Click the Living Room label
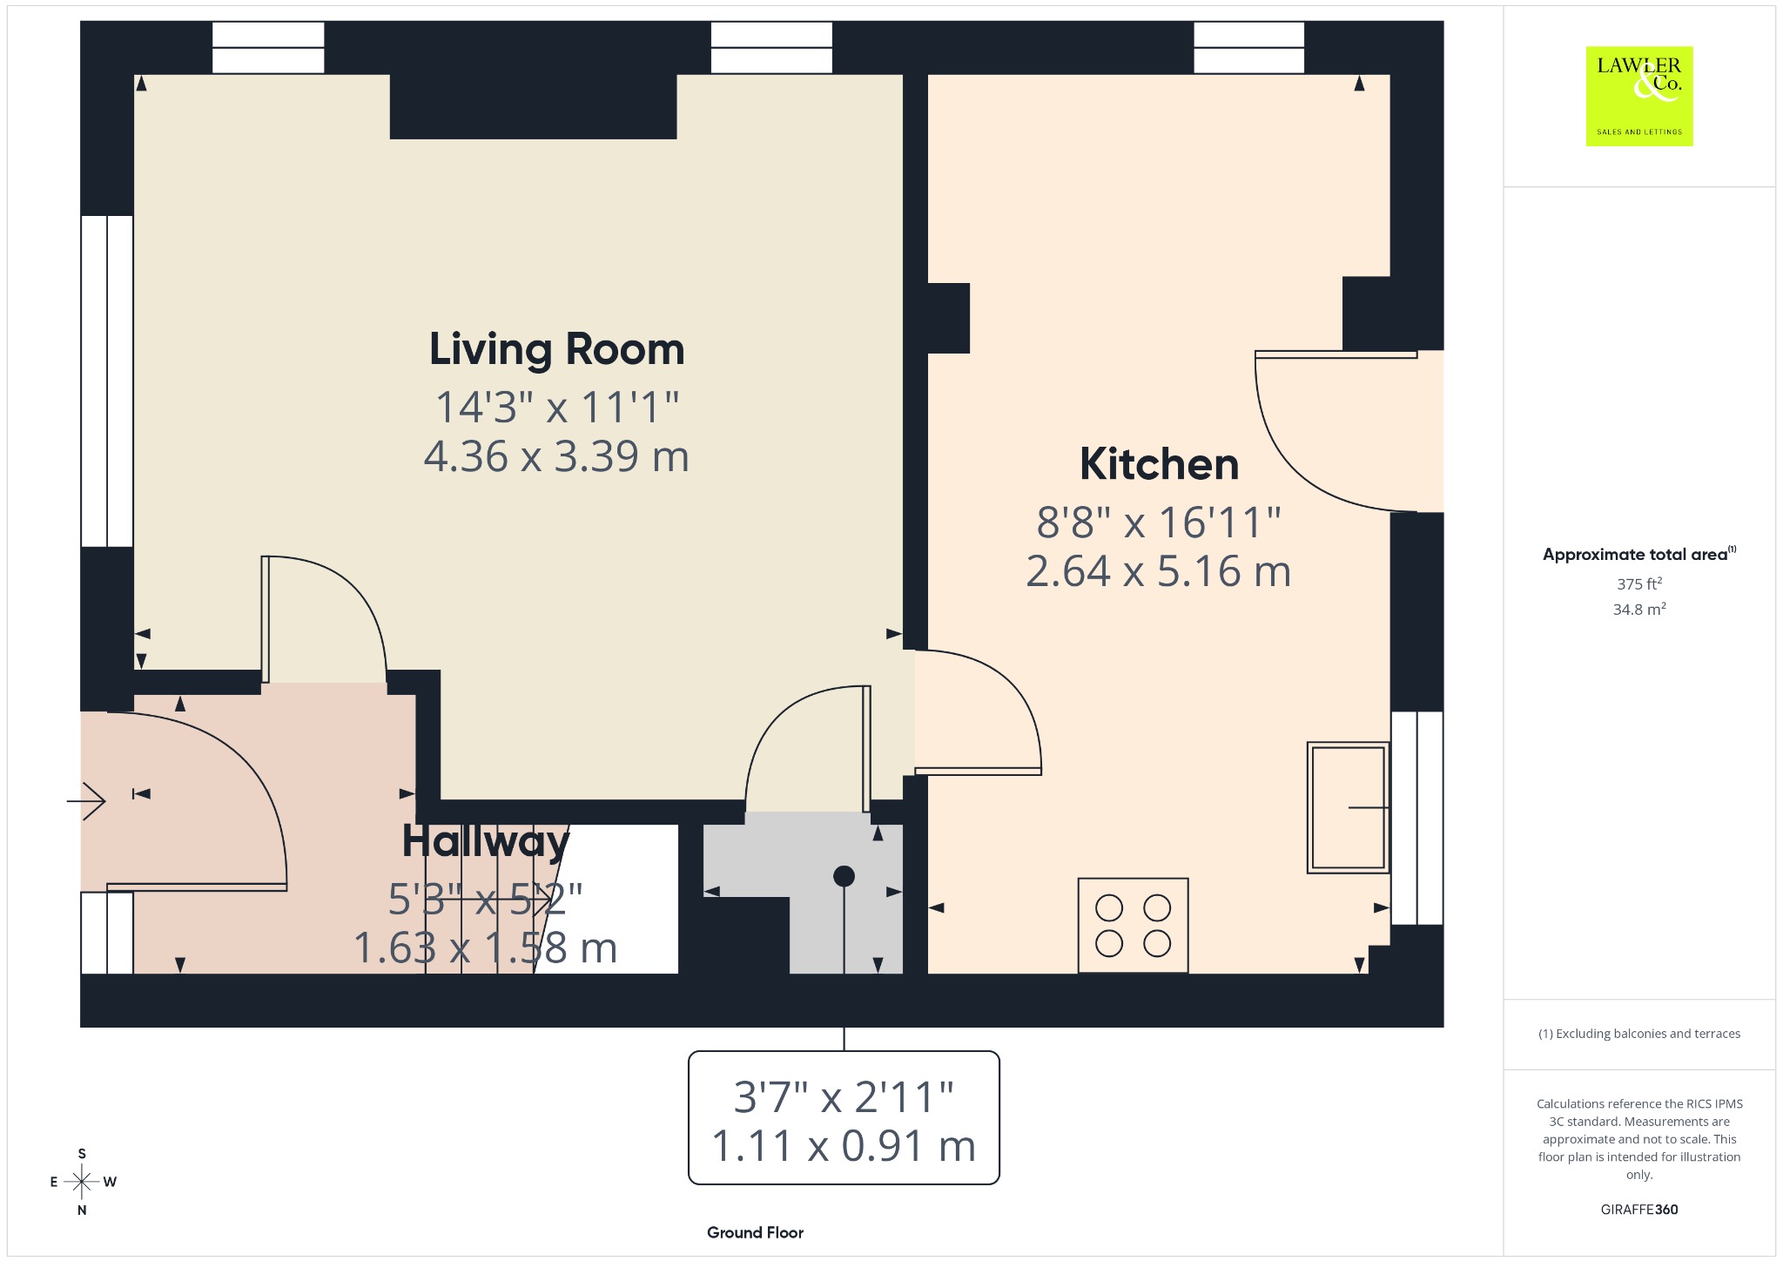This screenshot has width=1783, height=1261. coord(557,350)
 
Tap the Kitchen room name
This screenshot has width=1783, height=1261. coord(1159,464)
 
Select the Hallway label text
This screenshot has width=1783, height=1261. coord(486,841)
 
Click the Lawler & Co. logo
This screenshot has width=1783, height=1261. coord(1639,96)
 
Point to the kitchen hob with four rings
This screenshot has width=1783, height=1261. coord(1133,925)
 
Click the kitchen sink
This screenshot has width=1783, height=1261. coord(1347,807)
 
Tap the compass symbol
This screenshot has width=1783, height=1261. coord(82,1182)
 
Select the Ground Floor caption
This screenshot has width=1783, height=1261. coord(755,1232)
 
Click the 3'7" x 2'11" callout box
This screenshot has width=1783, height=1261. coord(844,1118)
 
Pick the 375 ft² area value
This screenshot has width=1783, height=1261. coord(1639,583)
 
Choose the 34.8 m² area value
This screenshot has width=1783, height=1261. coord(1639,609)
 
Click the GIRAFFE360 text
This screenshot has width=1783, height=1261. coord(1639,1209)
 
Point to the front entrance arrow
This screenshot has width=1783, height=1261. coord(86,799)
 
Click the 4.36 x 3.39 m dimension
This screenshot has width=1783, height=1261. coord(556,456)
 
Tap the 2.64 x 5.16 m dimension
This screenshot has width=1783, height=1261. coord(1158,571)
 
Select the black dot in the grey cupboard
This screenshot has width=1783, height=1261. coord(844,876)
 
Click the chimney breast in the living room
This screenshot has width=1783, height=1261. coord(533,106)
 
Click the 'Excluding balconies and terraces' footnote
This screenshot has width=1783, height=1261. coord(1639,1034)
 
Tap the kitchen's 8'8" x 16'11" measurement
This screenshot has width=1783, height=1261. coord(1159,523)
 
